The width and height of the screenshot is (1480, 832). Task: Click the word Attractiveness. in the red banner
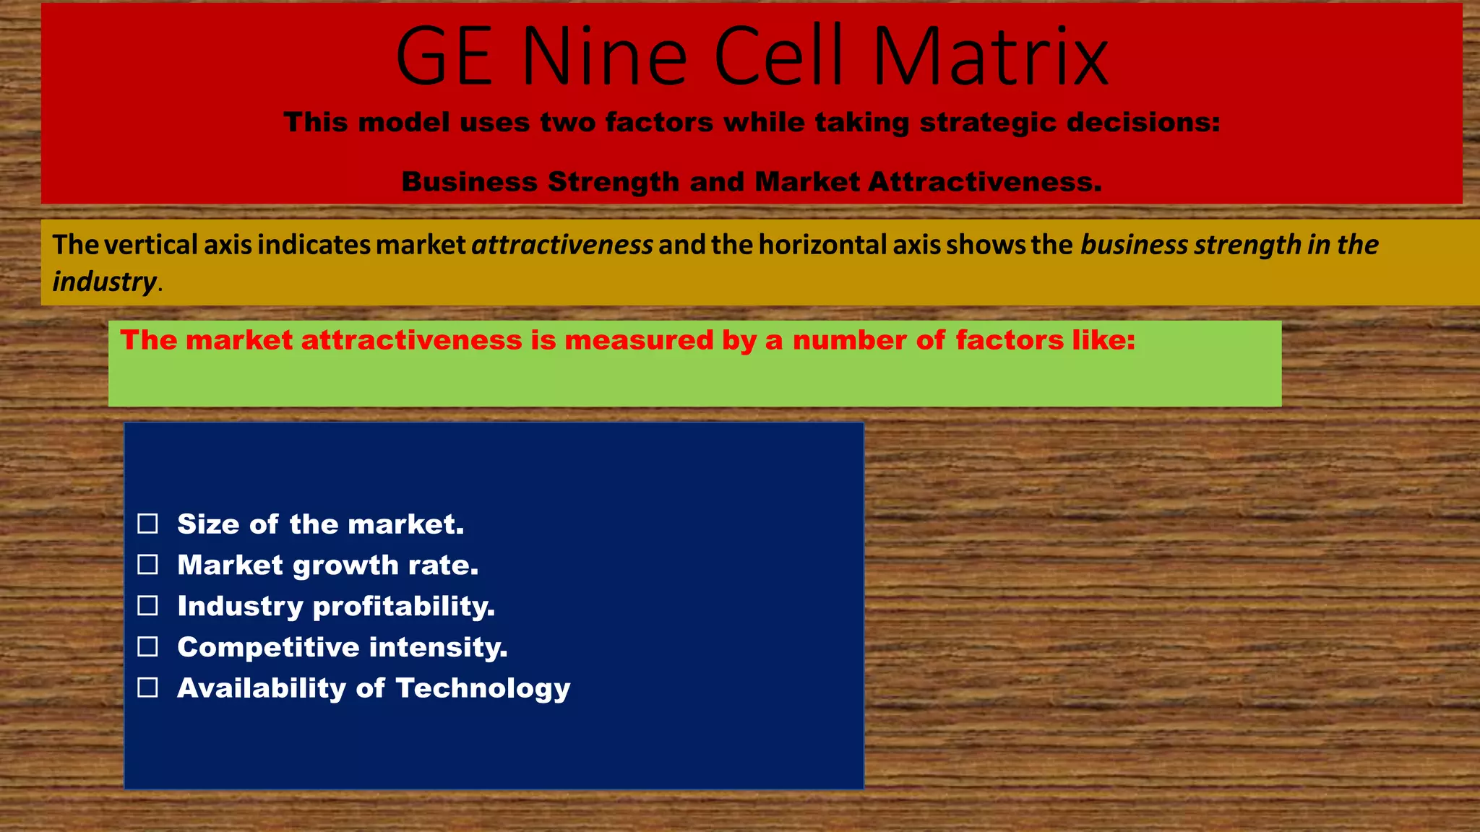tap(986, 182)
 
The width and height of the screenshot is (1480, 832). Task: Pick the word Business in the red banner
tap(470, 182)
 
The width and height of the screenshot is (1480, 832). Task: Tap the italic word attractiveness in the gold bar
tap(562, 246)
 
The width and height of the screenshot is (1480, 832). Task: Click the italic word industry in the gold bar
tap(104, 282)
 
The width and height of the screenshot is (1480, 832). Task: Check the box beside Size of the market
tap(148, 524)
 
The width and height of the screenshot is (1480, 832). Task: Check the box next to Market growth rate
tap(148, 565)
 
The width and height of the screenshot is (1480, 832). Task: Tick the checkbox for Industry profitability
tap(148, 606)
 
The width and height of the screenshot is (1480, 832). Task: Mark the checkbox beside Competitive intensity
tap(148, 646)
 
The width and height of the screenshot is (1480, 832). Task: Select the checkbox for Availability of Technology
tap(148, 688)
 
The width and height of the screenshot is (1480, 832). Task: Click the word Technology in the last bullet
tap(483, 688)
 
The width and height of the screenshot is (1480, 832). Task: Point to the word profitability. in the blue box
tap(404, 607)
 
